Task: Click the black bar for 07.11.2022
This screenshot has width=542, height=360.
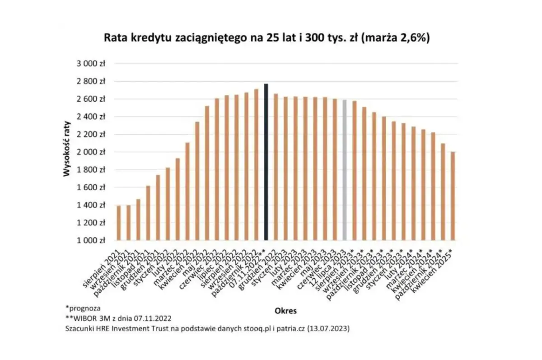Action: coord(266,162)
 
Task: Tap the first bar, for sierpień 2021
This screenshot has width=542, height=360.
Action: coord(119,223)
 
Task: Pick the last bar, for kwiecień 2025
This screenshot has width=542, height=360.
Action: coord(453,196)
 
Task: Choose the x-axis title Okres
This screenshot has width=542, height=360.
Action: coord(285,311)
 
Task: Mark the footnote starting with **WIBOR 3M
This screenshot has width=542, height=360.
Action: coord(118,318)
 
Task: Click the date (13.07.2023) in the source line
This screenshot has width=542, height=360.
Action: coord(328,329)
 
